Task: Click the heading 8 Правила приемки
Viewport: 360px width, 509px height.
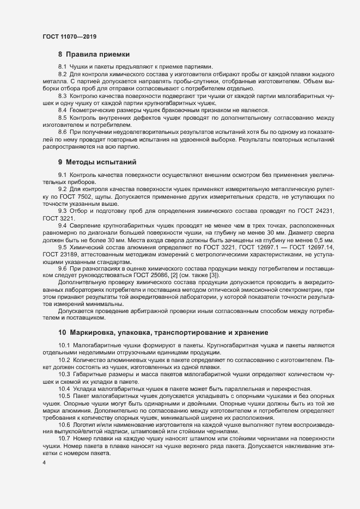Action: (x=94, y=54)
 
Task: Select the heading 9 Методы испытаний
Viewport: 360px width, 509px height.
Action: (x=97, y=162)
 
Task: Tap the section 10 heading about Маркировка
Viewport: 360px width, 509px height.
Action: (x=163, y=332)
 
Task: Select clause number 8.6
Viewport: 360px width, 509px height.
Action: (x=63, y=132)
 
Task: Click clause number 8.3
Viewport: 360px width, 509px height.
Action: (x=63, y=95)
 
